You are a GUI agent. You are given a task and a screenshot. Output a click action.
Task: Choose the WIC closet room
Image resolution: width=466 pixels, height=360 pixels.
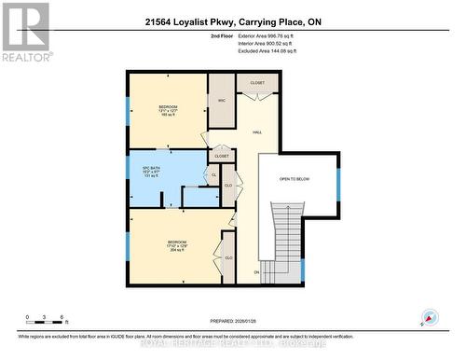(222, 100)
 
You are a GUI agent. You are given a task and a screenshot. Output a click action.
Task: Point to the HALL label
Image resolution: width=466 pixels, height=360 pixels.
(256, 132)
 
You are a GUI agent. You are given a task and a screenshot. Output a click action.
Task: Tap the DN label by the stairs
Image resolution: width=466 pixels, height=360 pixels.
(256, 272)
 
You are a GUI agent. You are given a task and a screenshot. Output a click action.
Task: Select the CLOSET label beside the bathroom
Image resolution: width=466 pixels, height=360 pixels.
(222, 156)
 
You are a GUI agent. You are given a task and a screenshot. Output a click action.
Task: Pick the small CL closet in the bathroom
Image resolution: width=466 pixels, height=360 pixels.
(213, 174)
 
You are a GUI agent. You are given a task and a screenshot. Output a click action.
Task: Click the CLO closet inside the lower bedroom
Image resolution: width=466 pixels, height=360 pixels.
(228, 257)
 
